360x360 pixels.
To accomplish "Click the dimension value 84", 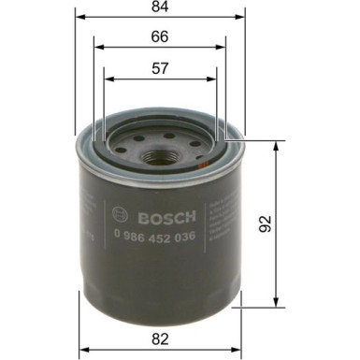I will click(x=159, y=9).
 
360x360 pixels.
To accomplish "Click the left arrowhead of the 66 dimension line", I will click(x=96, y=46).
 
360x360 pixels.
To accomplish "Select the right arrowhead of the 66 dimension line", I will click(x=223, y=46).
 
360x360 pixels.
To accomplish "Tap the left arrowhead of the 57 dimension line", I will click(x=106, y=77).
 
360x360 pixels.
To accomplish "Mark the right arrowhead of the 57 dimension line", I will click(x=215, y=77).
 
